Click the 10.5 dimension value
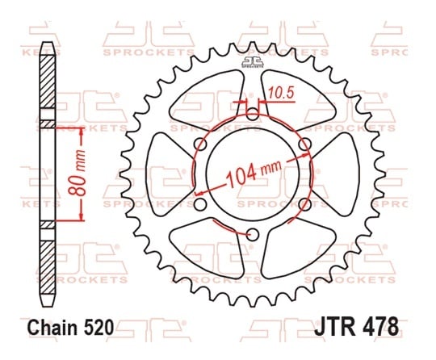281,93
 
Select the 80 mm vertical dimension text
77,173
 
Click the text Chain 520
71,327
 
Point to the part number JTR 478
357,327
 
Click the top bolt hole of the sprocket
253,115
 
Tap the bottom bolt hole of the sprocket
253,235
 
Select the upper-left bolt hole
200,144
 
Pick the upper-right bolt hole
304,144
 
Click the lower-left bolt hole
200,204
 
